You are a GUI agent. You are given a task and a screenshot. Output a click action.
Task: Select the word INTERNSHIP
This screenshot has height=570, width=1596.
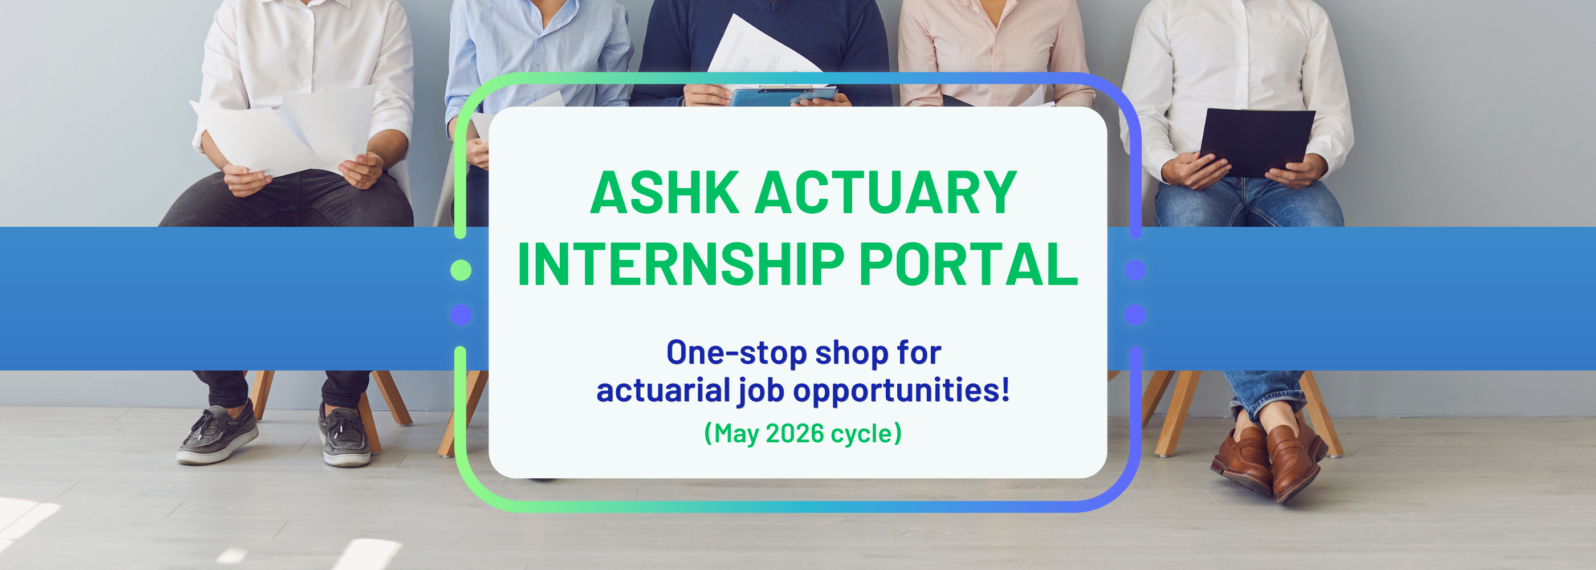click(681, 264)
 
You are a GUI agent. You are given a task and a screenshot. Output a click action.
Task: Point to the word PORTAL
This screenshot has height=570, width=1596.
click(969, 264)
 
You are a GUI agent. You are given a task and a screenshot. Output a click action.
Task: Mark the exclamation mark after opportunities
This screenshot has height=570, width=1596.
click(1005, 390)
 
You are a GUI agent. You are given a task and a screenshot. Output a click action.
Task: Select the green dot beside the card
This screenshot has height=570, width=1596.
click(461, 270)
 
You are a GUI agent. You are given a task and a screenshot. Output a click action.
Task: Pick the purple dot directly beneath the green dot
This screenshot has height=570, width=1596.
click(461, 315)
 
